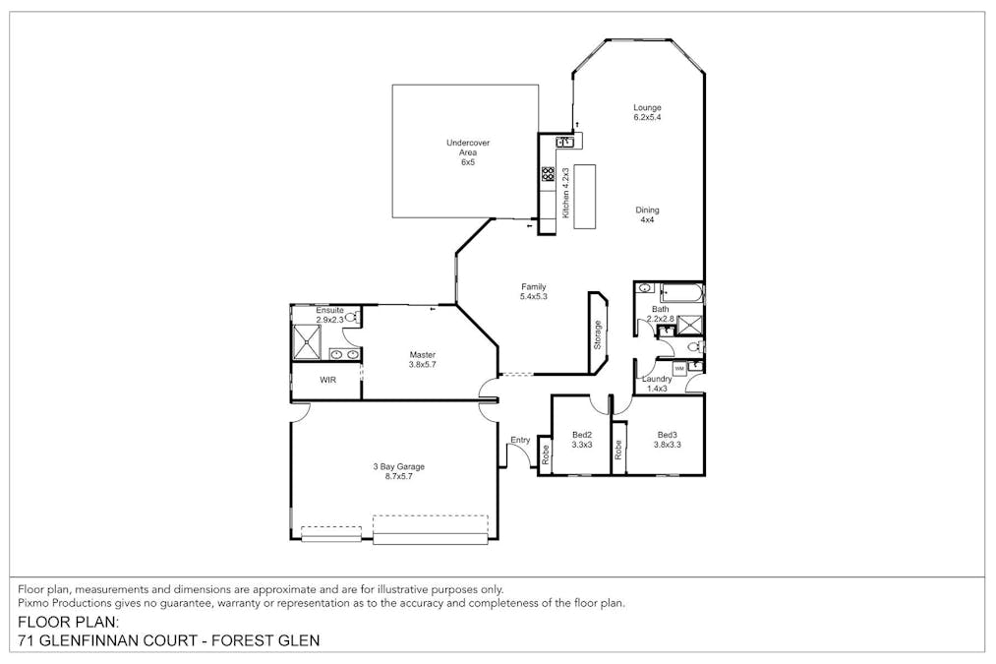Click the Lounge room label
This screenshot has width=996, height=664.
(x=647, y=108)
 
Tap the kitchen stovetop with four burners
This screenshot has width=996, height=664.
(x=547, y=176)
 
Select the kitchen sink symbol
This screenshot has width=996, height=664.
(x=564, y=142)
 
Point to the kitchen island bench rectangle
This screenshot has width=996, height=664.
(x=586, y=196)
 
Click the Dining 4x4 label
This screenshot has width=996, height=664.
(x=647, y=210)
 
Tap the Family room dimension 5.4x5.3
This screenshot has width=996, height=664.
(x=534, y=297)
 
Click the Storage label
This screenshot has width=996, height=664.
(x=598, y=335)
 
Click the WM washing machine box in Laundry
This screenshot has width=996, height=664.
(x=678, y=367)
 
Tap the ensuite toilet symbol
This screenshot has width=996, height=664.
(x=351, y=317)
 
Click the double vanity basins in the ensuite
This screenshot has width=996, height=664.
(x=344, y=354)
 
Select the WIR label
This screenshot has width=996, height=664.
(x=326, y=380)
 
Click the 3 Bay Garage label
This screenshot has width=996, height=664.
(x=398, y=467)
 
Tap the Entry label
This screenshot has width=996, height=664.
(x=520, y=440)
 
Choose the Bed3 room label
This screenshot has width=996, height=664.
(x=667, y=435)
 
